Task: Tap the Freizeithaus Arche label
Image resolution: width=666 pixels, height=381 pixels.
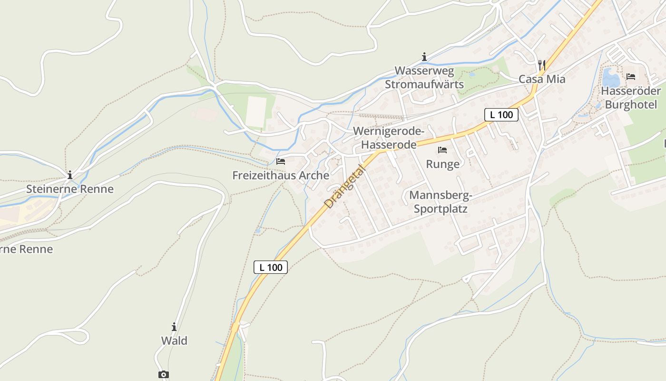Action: (281, 175)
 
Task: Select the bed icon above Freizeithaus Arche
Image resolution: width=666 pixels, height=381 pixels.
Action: (281, 161)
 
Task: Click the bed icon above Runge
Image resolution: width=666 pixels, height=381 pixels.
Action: (442, 150)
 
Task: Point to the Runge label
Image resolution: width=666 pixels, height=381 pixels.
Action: (443, 164)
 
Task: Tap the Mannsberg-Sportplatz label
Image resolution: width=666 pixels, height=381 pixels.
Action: (441, 202)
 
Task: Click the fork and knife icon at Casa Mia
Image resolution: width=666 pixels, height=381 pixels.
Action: (541, 64)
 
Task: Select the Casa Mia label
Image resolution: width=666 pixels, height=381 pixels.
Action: (542, 79)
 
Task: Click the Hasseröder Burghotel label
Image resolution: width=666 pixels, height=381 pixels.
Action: (631, 98)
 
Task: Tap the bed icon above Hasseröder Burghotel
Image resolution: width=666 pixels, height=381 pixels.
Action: (631, 76)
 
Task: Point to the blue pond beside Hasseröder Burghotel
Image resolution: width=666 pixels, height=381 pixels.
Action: (611, 78)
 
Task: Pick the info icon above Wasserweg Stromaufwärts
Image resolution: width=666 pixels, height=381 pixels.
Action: (424, 57)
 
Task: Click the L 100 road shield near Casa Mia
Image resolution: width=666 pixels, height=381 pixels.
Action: (501, 114)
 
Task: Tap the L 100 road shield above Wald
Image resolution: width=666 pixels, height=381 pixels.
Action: (271, 267)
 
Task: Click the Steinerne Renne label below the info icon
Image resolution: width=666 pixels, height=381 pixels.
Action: (70, 189)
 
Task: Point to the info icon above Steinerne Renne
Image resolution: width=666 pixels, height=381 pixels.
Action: (70, 175)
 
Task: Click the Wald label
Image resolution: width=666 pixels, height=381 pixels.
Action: (174, 341)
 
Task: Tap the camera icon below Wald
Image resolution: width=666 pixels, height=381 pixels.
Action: (164, 374)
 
